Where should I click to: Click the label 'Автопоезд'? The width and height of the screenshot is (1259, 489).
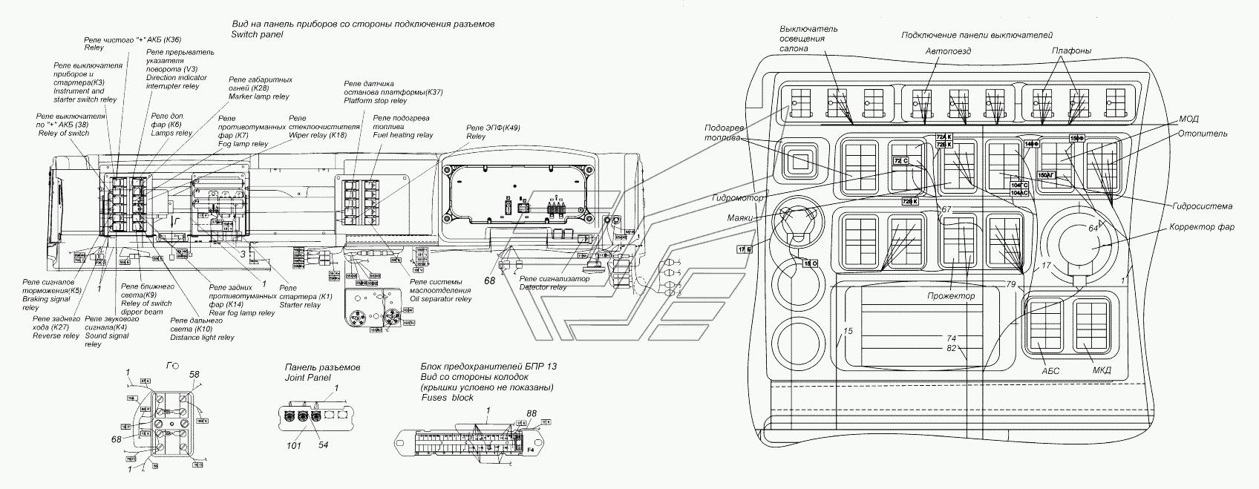[948, 51]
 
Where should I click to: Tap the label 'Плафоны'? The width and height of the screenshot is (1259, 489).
[1071, 50]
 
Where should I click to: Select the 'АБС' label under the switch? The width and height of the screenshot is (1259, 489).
[1050, 371]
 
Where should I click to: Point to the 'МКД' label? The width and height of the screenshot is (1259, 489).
[1102, 371]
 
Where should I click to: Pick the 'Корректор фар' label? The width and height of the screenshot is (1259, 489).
[1202, 227]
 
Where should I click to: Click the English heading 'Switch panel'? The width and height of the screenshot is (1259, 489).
[253, 35]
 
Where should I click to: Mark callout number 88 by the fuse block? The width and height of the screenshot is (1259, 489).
[532, 413]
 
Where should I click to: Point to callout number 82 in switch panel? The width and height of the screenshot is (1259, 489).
[951, 348]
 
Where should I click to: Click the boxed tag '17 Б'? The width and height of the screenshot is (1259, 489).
[745, 249]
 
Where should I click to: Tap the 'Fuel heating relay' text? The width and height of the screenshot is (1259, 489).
[403, 136]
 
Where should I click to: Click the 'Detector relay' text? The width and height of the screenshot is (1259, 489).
[543, 286]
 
